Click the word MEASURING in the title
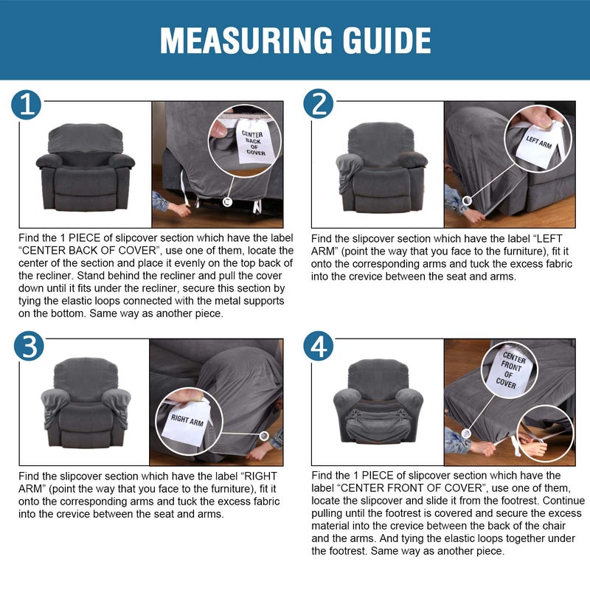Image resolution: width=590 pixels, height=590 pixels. [246, 41]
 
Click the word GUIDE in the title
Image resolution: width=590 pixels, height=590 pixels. [386, 41]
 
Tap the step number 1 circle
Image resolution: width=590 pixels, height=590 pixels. [26, 105]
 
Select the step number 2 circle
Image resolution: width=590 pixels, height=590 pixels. [319, 103]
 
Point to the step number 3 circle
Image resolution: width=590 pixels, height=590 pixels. [29, 346]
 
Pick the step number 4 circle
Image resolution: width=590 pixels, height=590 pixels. [319, 346]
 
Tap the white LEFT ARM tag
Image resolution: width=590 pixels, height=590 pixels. [539, 142]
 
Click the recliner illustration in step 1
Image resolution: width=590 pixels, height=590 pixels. [86, 167]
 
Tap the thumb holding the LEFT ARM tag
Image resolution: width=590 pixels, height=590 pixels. [541, 117]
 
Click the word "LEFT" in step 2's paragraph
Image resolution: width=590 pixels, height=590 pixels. [549, 238]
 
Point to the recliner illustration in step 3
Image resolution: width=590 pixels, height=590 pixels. [86, 403]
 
